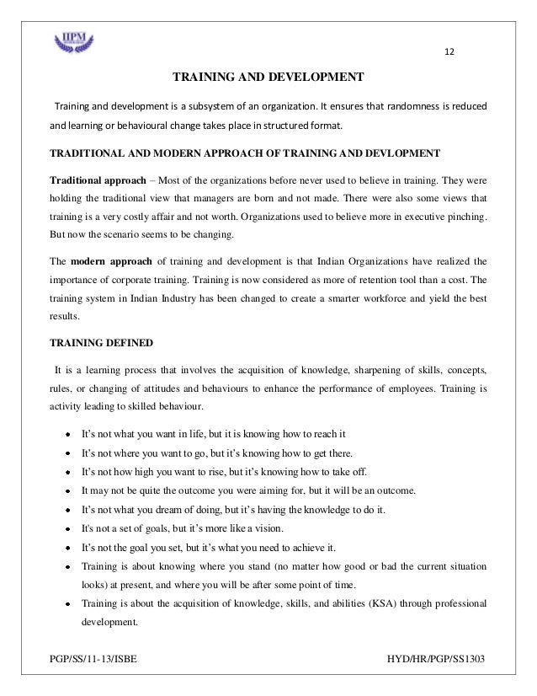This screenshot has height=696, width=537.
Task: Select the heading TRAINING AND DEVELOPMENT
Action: (x=268, y=78)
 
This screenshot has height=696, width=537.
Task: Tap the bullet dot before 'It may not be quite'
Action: (x=66, y=490)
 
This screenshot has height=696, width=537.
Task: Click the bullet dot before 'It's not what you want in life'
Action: (x=66, y=435)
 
